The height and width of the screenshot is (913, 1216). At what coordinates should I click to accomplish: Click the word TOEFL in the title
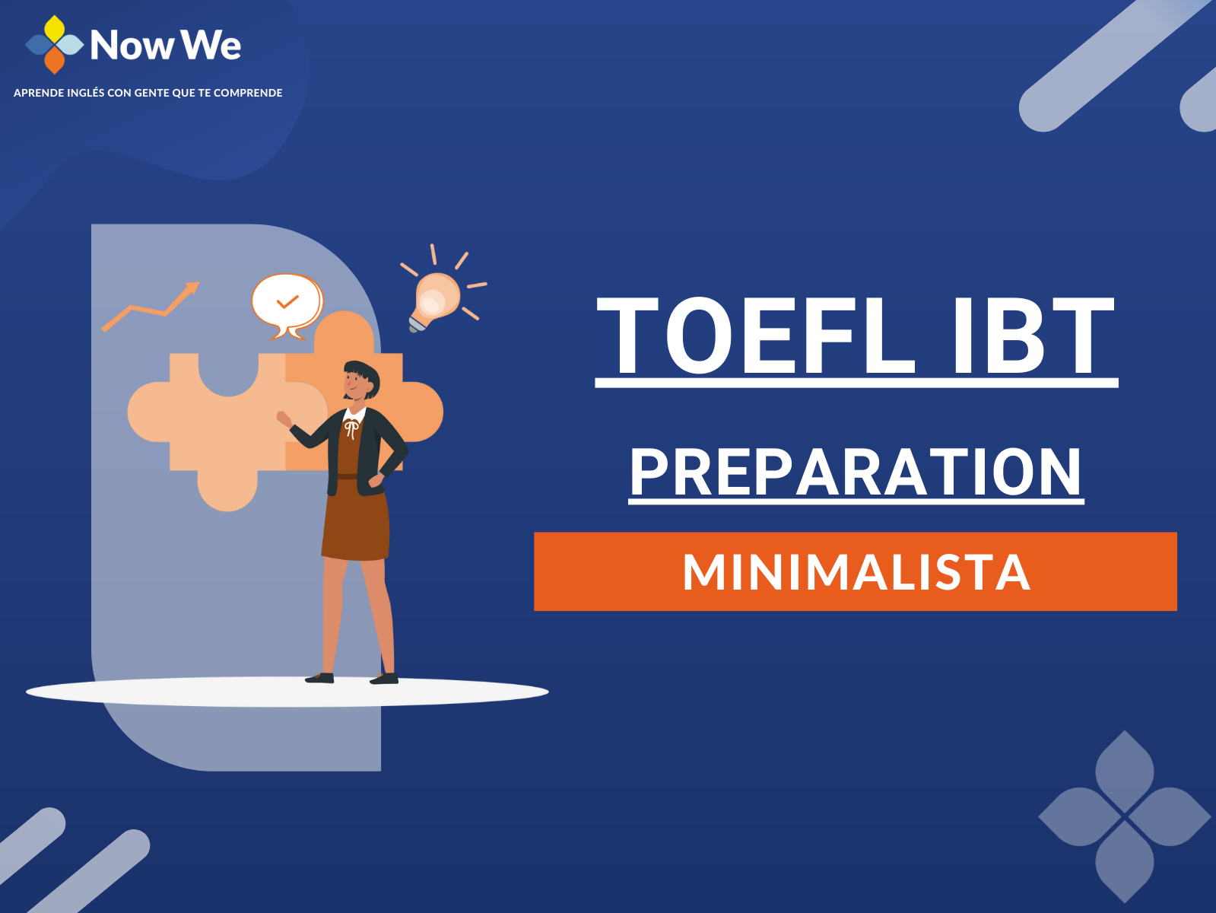pos(756,336)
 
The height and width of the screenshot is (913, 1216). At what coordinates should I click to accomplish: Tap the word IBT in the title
pos(1033,336)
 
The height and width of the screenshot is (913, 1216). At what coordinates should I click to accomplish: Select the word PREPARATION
pos(856,472)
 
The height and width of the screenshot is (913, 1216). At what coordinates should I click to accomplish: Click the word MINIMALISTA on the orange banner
pos(856,571)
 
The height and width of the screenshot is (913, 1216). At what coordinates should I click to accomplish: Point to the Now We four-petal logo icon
pos(54,44)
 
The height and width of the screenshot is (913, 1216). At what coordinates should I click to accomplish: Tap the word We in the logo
pos(211,45)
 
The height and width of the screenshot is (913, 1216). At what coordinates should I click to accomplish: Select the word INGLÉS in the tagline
pos(85,93)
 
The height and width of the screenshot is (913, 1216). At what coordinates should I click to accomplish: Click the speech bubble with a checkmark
pos(287,305)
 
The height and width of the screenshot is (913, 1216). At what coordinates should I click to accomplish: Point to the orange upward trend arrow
pos(150,307)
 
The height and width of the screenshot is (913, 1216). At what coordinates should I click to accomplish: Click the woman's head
pos(361,380)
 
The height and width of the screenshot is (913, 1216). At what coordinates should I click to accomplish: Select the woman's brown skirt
pos(356,518)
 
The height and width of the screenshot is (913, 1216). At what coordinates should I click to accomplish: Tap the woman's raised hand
pos(284,418)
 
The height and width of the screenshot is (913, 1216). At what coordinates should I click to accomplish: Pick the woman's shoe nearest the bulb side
pos(384,678)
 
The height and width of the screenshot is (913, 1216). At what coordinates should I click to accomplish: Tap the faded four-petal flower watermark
pos(1124,816)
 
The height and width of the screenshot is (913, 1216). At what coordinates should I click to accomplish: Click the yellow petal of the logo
pos(54,28)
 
